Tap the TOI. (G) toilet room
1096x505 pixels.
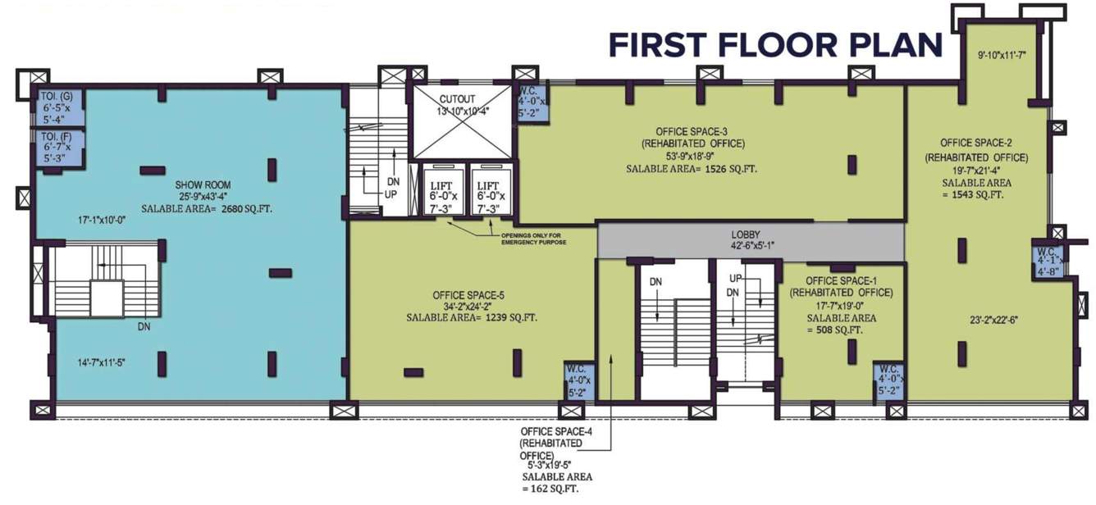57,107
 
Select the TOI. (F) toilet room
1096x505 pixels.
58,147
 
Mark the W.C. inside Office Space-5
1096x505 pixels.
578,380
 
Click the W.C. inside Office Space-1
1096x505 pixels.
888,380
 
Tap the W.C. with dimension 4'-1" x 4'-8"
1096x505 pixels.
1048,261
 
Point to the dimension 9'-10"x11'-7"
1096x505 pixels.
1007,56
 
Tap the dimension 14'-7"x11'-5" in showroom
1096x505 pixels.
90,362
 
